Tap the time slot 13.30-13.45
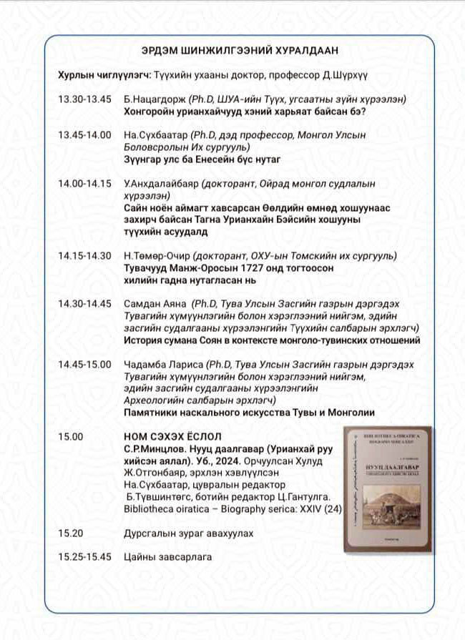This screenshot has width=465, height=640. (x=85, y=99)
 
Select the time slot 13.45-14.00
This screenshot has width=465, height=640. (x=85, y=134)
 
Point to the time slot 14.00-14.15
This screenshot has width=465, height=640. (x=85, y=183)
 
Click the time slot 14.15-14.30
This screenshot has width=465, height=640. (x=85, y=256)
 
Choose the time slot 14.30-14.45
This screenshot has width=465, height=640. (x=85, y=304)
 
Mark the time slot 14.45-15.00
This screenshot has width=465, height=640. (x=85, y=365)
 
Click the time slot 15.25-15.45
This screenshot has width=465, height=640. (x=85, y=557)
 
